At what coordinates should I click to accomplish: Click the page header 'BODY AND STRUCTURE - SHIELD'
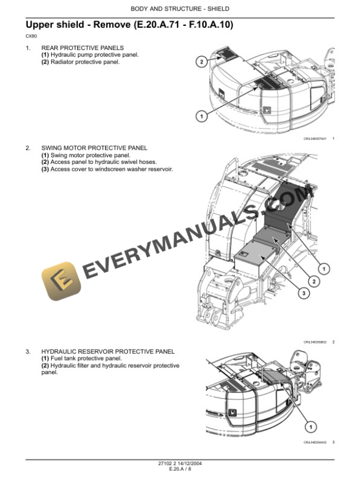coord(180,9)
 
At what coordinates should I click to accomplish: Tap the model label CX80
coord(31,37)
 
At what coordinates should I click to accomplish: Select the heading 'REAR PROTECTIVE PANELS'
coord(82,48)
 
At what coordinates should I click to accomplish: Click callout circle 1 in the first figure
coord(201,117)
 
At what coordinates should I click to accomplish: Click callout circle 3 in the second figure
coord(302,292)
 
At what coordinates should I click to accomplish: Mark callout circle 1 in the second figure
coord(324,269)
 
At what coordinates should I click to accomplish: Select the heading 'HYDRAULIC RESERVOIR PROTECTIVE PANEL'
coord(108,352)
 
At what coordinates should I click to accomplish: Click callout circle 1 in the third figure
coord(311,427)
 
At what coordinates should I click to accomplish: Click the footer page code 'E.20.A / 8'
coord(180,469)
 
